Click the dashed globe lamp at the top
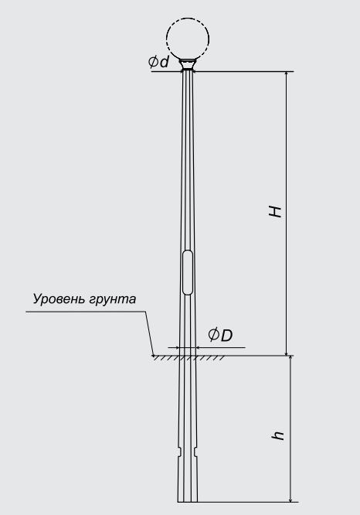click(188, 19)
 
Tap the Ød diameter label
click(159, 61)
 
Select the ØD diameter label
click(220, 335)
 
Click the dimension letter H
click(275, 212)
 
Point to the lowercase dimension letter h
click(277, 435)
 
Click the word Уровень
click(56, 299)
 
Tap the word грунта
click(110, 299)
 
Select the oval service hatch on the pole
click(188, 272)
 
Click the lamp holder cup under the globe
click(188, 65)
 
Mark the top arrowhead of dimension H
click(287, 74)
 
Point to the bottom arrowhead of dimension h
click(290, 498)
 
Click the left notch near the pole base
click(179, 452)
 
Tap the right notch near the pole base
click(196, 452)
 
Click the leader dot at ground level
click(153, 356)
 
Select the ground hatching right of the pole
click(210, 358)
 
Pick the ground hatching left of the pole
click(166, 358)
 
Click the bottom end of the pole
click(188, 502)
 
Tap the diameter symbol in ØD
click(213, 335)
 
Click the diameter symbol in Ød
click(153, 62)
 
